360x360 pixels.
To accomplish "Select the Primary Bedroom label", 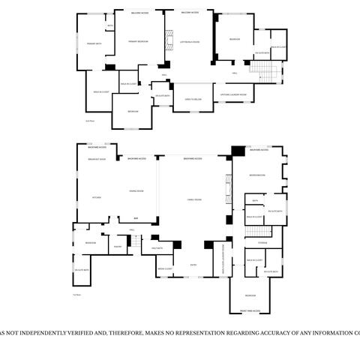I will click(137, 41).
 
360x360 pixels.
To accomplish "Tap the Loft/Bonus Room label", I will click(191, 41).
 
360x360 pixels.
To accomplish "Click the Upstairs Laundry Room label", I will click(233, 94).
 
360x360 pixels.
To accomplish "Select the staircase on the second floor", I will click(265, 73).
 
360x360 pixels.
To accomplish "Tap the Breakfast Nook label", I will click(97, 159).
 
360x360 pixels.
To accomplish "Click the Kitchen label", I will click(96, 197).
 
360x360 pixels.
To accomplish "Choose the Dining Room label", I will click(136, 191).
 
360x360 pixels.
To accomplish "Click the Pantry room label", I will click(118, 246).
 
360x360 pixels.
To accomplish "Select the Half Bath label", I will click(157, 247).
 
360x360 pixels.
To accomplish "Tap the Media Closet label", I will click(165, 268).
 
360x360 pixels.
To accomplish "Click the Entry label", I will click(193, 264).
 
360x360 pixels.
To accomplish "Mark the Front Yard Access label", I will click(250, 310).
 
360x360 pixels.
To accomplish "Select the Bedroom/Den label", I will click(257, 175).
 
